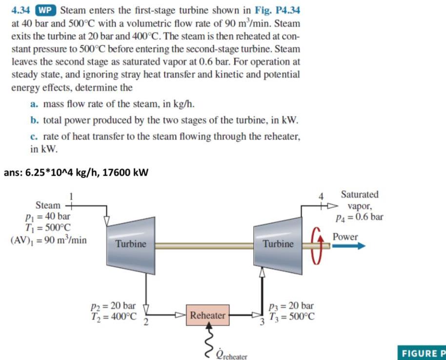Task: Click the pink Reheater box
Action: pos(207,315)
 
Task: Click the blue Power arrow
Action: pos(348,246)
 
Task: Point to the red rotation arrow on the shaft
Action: pos(316,245)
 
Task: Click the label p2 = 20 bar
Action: pos(113,306)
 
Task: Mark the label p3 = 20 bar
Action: pos(291,306)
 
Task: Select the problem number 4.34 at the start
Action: pos(22,9)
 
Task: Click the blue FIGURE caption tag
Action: pos(423,354)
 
